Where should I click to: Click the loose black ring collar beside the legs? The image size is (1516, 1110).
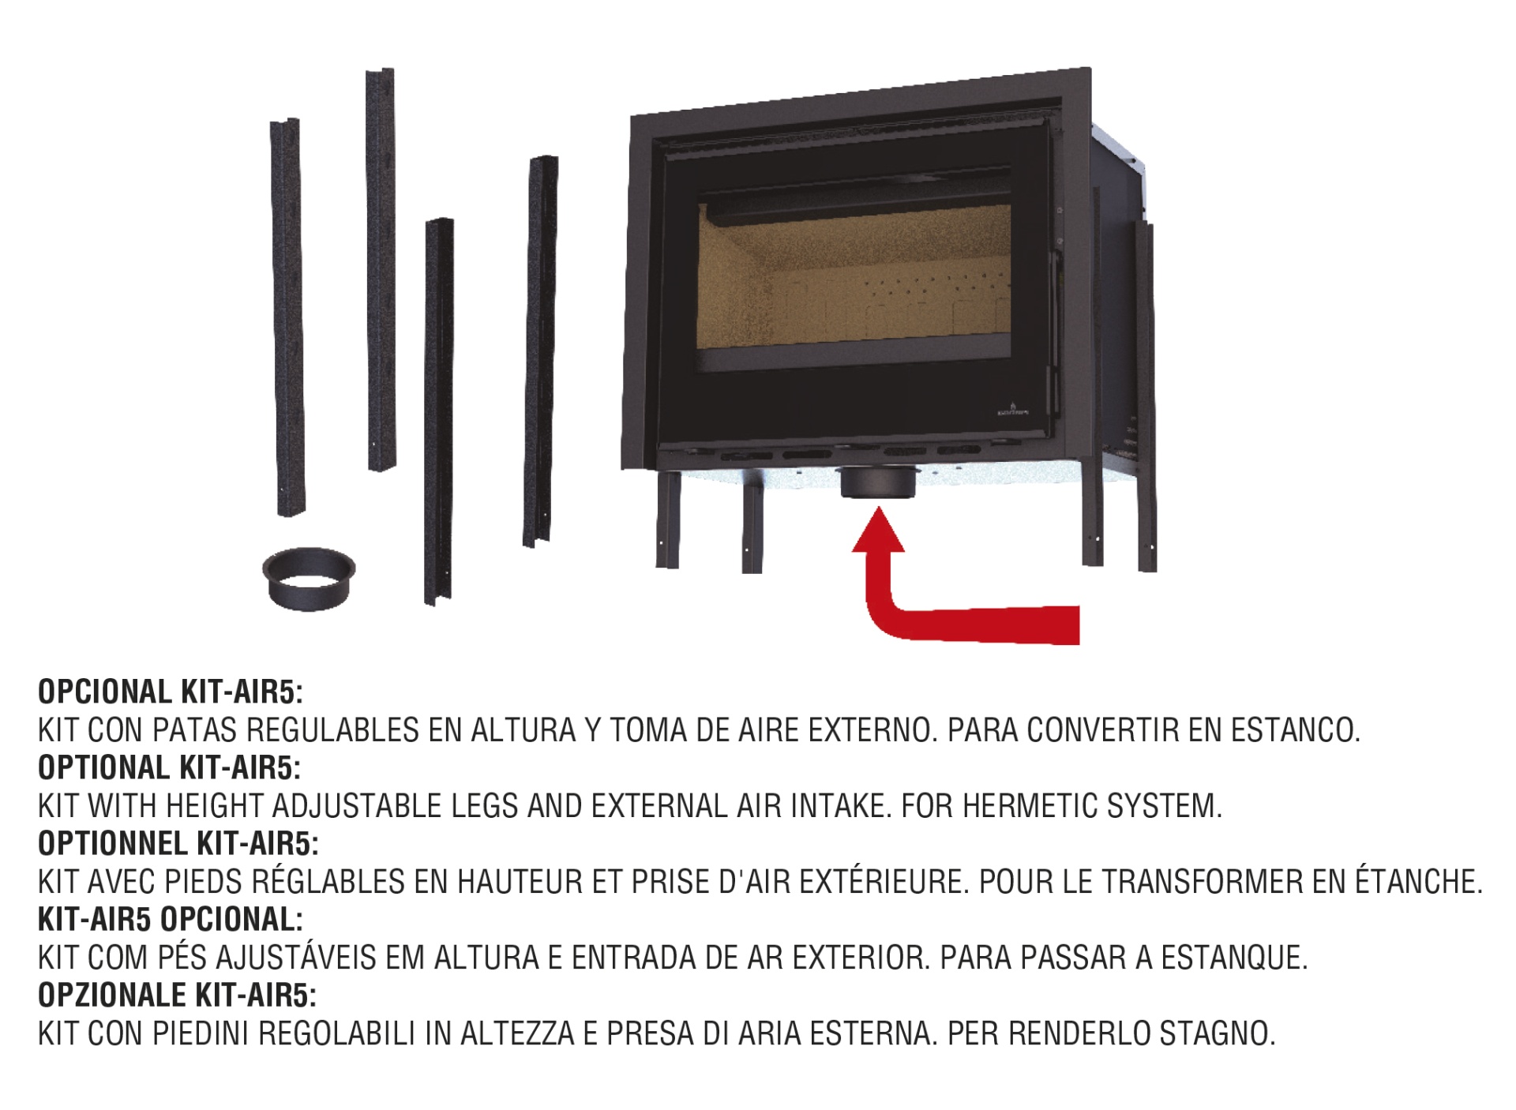pyautogui.click(x=309, y=578)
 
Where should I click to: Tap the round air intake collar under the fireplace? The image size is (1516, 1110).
pyautogui.click(x=880, y=482)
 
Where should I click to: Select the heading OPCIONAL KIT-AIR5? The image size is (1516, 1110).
pyautogui.click(x=171, y=692)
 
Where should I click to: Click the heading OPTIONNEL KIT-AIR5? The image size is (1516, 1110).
pyautogui.click(x=178, y=843)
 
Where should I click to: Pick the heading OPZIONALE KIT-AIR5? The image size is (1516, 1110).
pyautogui.click(x=177, y=995)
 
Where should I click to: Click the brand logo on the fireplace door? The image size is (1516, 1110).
pyautogui.click(x=1011, y=410)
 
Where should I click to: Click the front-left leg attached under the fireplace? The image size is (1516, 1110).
pyautogui.click(x=668, y=519)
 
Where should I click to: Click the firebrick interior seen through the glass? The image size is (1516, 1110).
pyautogui.click(x=853, y=276)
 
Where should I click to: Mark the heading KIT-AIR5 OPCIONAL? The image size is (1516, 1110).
pyautogui.click(x=171, y=919)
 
